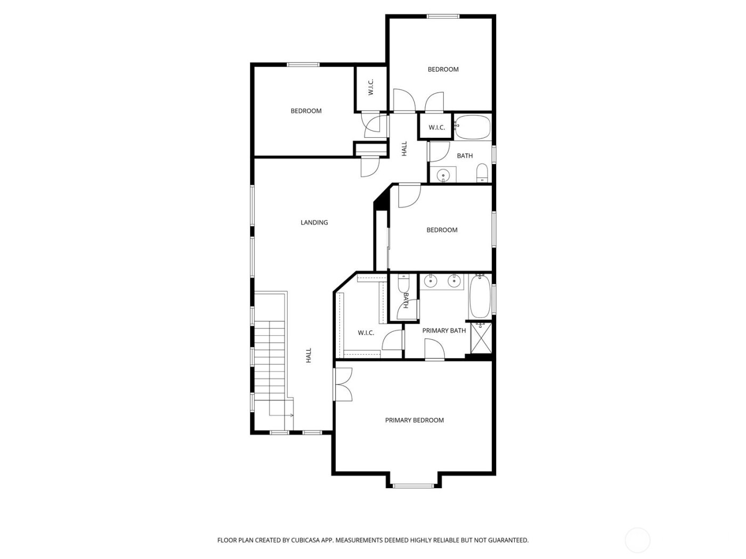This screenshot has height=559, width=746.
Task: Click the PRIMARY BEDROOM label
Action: [x=414, y=420]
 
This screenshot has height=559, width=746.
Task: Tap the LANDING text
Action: [x=314, y=223]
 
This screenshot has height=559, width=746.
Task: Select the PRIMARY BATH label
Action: [x=444, y=331]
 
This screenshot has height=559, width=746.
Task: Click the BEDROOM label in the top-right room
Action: [x=443, y=69]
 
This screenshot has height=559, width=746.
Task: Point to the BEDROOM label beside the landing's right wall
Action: [x=442, y=230]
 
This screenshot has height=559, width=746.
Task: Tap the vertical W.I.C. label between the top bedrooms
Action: [x=371, y=88]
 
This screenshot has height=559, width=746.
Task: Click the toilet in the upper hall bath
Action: [x=481, y=172]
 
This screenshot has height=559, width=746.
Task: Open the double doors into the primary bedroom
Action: [x=343, y=385]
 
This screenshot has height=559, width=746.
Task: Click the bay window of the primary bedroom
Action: [x=413, y=485]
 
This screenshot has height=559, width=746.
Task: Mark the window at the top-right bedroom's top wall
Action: [x=443, y=17]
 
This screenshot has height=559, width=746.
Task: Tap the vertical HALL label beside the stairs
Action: [x=308, y=356]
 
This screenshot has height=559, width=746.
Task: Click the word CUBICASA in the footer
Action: [x=305, y=540]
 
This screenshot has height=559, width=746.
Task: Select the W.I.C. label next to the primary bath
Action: [x=366, y=333]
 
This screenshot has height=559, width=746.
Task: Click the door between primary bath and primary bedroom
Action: [x=435, y=351]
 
